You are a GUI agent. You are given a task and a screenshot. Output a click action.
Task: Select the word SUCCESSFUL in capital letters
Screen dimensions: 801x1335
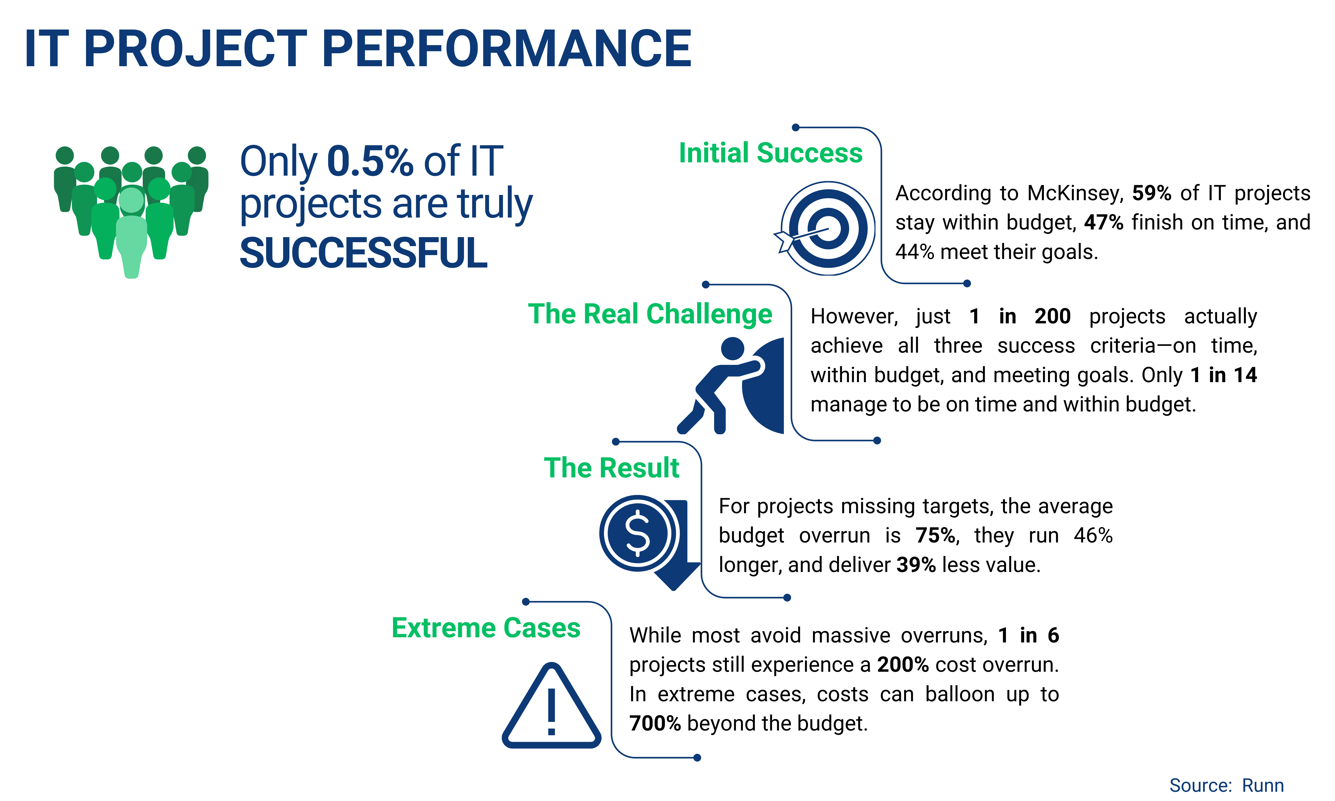pos(363,253)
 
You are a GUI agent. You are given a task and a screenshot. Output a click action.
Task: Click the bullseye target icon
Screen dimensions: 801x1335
pos(827,228)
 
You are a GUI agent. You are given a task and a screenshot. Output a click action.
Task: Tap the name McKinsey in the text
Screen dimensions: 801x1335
pos(1074,193)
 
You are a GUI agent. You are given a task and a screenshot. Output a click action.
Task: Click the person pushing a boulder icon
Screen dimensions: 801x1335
pos(729,386)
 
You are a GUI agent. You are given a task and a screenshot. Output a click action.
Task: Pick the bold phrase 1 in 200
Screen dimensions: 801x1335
pos(1019,316)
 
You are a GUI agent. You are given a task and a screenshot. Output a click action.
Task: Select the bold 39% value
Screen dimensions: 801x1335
pos(916,565)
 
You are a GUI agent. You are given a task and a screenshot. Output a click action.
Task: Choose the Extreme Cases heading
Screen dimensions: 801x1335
pos(486,628)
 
